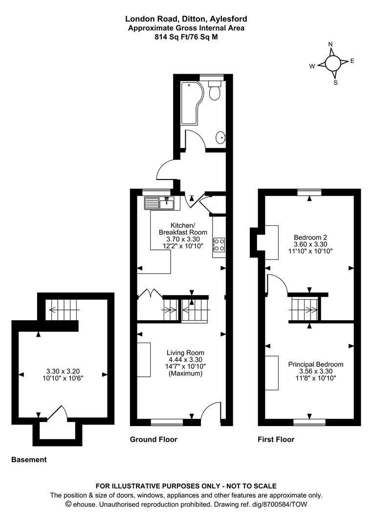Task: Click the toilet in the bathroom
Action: (x=214, y=90)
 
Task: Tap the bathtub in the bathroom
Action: (x=191, y=103)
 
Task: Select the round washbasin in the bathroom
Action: (x=221, y=137)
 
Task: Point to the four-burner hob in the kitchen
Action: (x=219, y=244)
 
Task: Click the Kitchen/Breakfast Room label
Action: (x=183, y=228)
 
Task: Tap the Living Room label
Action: (x=185, y=353)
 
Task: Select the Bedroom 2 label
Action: (x=310, y=237)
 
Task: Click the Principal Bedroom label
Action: (x=316, y=365)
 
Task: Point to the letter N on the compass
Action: (x=330, y=44)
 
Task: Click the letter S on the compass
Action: (x=335, y=82)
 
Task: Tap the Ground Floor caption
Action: (x=154, y=439)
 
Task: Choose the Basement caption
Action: (x=29, y=460)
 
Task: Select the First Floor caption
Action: (x=276, y=439)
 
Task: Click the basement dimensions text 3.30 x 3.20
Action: (x=63, y=371)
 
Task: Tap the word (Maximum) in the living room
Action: (x=185, y=373)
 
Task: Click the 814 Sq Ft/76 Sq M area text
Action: (x=186, y=37)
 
